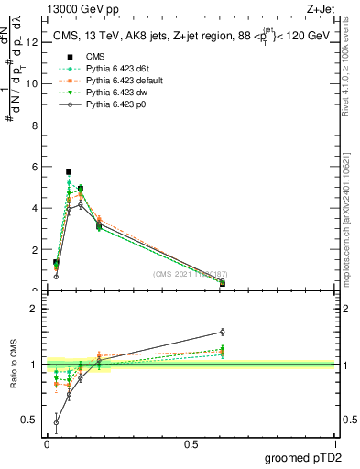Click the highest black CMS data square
69,172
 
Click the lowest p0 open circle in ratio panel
57,423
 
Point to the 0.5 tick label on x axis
191,443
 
